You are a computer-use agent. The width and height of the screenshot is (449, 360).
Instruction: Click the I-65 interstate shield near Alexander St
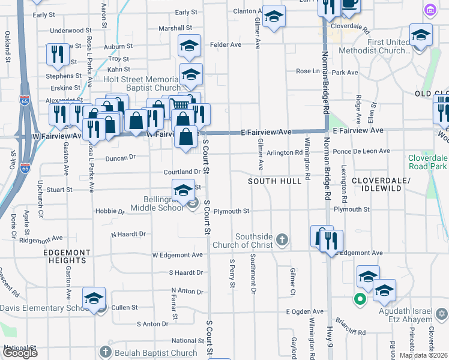click(25, 98)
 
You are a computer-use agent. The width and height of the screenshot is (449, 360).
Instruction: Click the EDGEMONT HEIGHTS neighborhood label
click(67, 257)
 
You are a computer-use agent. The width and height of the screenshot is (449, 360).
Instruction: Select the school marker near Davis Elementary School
click(94, 299)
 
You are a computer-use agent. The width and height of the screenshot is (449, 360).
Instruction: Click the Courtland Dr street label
click(181, 172)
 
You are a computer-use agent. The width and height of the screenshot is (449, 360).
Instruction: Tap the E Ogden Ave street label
click(305, 311)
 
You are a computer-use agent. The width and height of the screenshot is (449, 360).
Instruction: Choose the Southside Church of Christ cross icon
click(283, 241)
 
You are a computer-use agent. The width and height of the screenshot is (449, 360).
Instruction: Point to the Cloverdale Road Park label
click(427, 161)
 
